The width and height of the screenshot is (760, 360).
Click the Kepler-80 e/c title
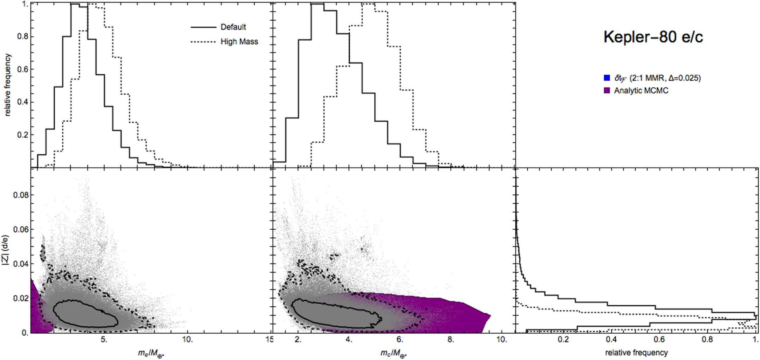point(653,37)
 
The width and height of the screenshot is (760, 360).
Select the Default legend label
point(233,27)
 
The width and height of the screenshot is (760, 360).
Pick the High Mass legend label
point(239,42)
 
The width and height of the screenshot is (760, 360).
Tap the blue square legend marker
point(607,78)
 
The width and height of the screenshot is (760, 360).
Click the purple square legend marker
point(607,90)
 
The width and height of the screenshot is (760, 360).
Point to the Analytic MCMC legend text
point(641,90)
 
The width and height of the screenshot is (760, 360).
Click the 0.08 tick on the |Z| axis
point(21,195)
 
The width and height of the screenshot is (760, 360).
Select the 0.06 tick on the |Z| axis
point(21,229)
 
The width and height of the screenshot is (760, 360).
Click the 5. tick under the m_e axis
point(104,340)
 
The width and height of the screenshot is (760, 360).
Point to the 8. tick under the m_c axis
point(451,340)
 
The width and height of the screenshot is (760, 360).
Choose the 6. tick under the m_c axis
point(399,340)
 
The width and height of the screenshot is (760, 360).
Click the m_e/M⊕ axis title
point(151,353)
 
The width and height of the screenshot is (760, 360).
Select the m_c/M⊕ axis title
point(393,353)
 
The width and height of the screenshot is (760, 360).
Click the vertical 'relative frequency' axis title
point(8,85)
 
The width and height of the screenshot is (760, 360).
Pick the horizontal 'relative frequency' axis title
point(636,353)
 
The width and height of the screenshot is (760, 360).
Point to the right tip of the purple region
point(490,316)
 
